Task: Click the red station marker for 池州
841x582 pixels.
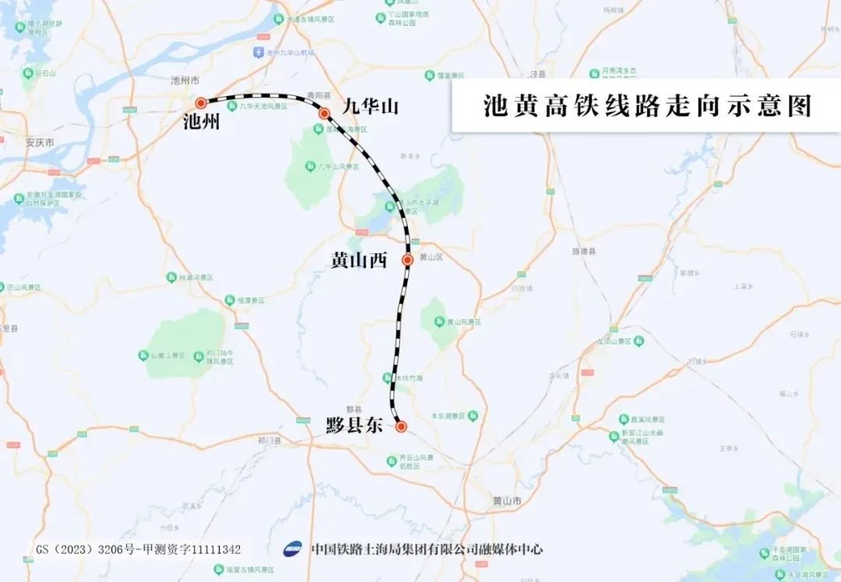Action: click(x=201, y=102)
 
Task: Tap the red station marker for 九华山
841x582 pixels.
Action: click(x=324, y=114)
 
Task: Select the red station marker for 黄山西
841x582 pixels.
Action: click(x=407, y=260)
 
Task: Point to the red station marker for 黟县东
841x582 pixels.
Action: click(x=401, y=426)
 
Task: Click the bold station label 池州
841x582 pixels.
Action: click(x=201, y=122)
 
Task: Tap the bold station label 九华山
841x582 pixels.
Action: click(x=371, y=106)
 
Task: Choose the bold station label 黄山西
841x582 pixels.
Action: click(x=359, y=261)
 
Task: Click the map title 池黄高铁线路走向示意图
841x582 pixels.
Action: click(x=646, y=106)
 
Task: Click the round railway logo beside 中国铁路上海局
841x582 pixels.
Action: click(x=294, y=549)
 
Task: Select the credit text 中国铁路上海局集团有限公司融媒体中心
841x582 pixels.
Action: click(x=427, y=549)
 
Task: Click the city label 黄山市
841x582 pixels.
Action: click(x=507, y=500)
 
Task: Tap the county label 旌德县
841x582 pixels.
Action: click(x=584, y=252)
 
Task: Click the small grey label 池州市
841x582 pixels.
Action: click(x=185, y=80)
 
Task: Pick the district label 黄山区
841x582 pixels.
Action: click(x=431, y=257)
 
